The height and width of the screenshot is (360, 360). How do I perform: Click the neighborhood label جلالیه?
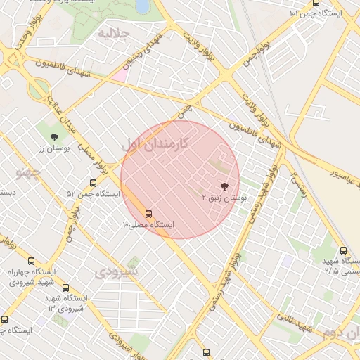(114, 33)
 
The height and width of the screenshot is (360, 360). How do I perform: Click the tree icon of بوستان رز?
(54, 136)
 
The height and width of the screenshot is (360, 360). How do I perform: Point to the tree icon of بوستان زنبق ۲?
(224, 186)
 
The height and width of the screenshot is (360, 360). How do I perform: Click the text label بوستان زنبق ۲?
(224, 199)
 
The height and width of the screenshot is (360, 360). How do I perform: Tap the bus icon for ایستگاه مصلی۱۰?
(148, 213)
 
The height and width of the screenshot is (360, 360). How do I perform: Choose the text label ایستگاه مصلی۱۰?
(148, 225)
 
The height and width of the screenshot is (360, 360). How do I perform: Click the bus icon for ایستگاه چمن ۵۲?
(94, 183)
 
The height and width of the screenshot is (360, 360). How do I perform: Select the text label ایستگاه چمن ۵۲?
(94, 193)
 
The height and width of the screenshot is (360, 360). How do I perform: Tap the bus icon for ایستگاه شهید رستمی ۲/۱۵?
(343, 250)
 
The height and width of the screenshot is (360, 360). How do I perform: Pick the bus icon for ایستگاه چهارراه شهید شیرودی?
(31, 262)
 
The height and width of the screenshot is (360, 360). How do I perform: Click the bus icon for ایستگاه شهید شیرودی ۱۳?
(66, 288)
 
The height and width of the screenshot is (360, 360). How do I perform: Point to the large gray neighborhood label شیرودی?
(117, 271)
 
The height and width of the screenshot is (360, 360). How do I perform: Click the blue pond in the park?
(143, 6)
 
